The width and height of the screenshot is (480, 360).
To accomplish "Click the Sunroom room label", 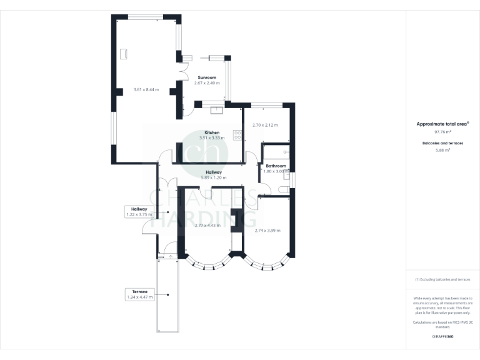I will point(206,77).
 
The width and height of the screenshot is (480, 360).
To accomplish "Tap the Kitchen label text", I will point(211,132).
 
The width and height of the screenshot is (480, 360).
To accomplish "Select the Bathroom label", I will point(275,166).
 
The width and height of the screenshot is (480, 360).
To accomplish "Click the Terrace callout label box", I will point(139,294).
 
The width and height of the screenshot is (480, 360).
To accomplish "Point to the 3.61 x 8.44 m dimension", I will point(146,90).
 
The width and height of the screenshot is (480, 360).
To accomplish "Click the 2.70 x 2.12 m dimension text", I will point(264,125).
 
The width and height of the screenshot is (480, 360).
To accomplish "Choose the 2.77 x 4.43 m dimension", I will point(207,225).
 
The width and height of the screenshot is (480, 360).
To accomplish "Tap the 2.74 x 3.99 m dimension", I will point(268,230).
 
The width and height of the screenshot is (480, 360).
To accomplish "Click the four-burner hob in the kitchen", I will point(237,134).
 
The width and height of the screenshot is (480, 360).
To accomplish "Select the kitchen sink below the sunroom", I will point(218,111).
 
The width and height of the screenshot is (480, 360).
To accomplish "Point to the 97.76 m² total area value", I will point(442,132).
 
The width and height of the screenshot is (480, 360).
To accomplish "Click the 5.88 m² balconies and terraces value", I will point(442,150).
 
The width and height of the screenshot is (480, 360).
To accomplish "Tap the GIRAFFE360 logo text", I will point(442,337).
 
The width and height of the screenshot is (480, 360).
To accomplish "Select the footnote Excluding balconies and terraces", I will point(442,279).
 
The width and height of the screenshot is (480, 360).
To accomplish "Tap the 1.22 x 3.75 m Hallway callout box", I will point(139,212).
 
